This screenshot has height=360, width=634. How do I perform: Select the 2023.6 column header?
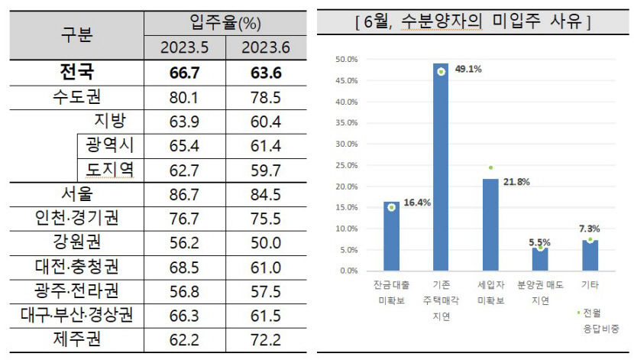click(265, 47)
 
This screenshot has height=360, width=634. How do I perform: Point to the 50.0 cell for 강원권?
click(265, 242)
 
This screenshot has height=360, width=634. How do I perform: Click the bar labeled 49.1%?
click(440, 168)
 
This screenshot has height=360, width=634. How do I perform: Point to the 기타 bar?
click(589, 255)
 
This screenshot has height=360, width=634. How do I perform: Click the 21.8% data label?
click(517, 182)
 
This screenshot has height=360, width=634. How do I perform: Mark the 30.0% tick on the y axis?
click(347, 144)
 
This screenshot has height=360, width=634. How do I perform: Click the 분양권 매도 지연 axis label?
click(539, 290)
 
